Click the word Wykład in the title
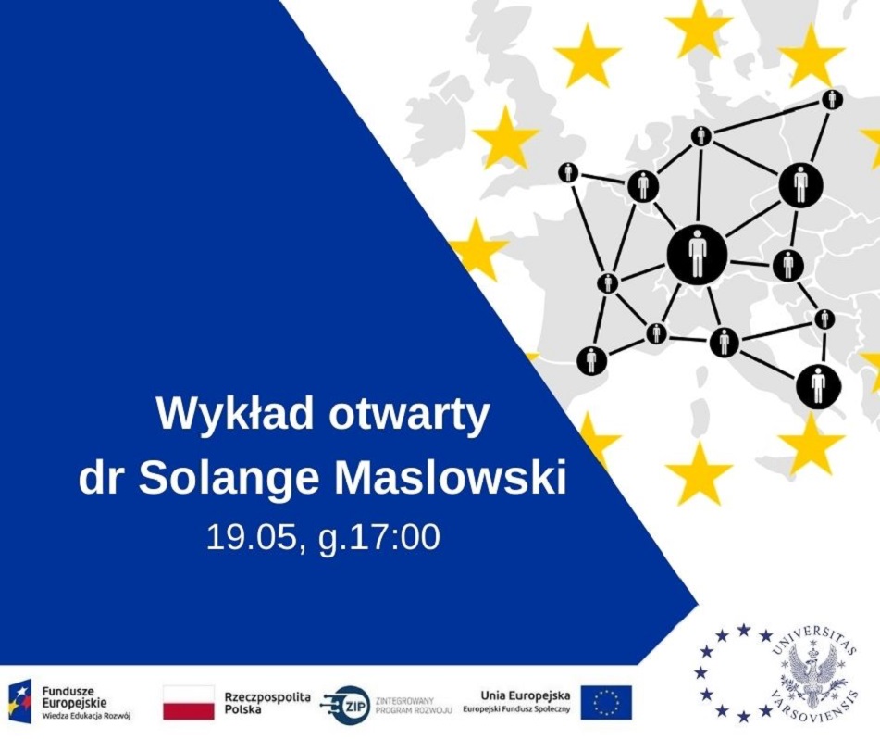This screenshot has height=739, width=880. point(235,416)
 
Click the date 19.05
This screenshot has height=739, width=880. point(251,537)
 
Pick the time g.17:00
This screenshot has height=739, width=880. point(379,539)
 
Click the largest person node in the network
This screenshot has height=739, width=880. point(697,255)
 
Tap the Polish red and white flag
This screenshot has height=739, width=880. point(189,702)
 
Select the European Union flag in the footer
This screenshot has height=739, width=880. point(606,703)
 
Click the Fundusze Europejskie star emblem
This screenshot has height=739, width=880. point(20,702)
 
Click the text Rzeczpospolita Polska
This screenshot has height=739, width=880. point(267,703)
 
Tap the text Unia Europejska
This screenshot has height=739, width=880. point(526,696)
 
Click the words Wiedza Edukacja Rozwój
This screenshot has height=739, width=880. point(86,716)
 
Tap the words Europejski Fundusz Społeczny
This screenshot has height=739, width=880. point(516,709)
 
